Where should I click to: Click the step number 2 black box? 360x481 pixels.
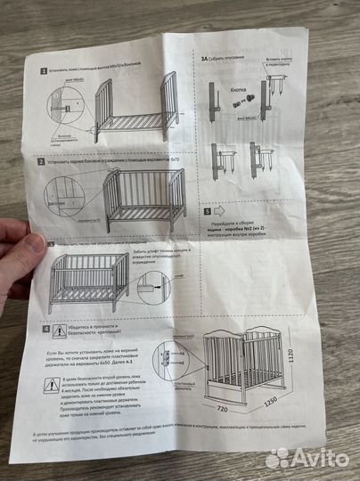(x=42, y=163)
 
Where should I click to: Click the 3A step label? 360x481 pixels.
(x=206, y=56)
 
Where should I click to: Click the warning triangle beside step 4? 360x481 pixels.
(x=61, y=331)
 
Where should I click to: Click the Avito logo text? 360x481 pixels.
(x=312, y=457)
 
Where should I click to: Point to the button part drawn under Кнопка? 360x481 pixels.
(x=240, y=103)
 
